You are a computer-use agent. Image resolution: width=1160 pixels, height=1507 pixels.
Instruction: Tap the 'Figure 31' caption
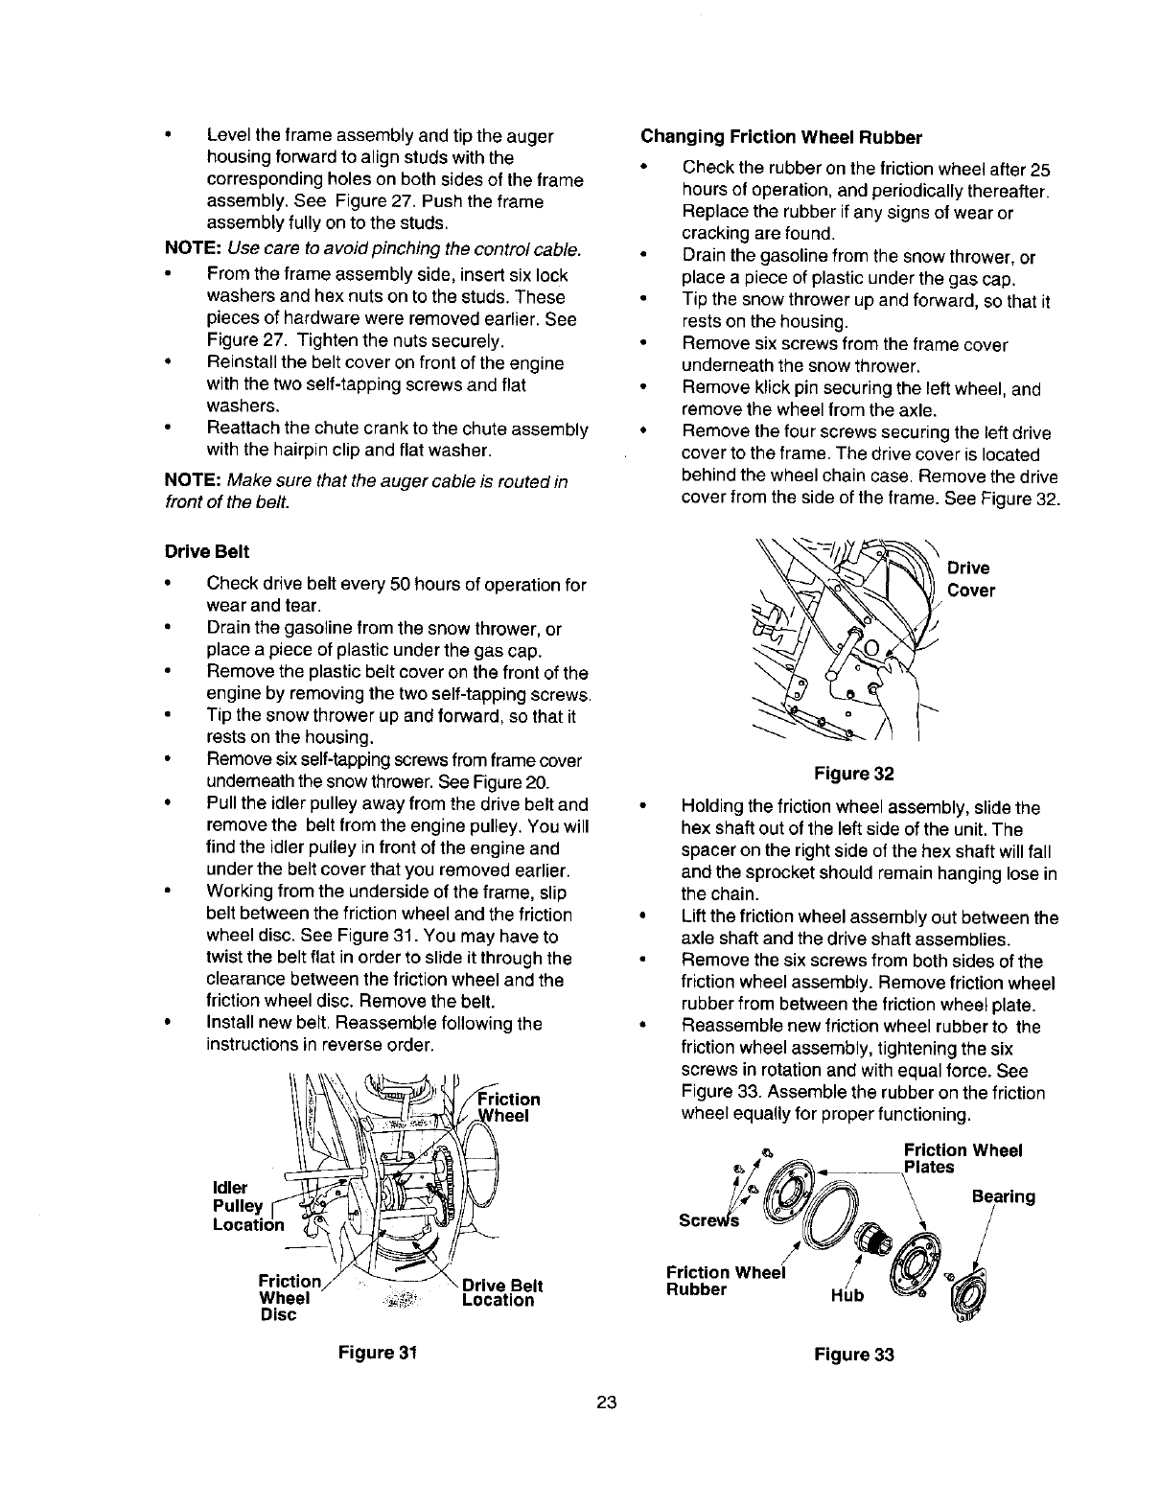click(x=375, y=1353)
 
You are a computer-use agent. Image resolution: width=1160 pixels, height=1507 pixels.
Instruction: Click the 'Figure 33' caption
click(x=853, y=1355)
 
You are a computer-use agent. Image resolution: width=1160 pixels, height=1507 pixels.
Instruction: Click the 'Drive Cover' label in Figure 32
click(x=970, y=579)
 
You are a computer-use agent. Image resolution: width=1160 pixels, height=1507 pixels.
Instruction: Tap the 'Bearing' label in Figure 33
click(x=1003, y=1196)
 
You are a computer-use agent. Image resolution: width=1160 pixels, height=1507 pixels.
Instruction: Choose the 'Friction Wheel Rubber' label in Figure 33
click(x=724, y=1281)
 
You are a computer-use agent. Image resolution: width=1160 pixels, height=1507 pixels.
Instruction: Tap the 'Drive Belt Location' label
click(x=501, y=1293)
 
